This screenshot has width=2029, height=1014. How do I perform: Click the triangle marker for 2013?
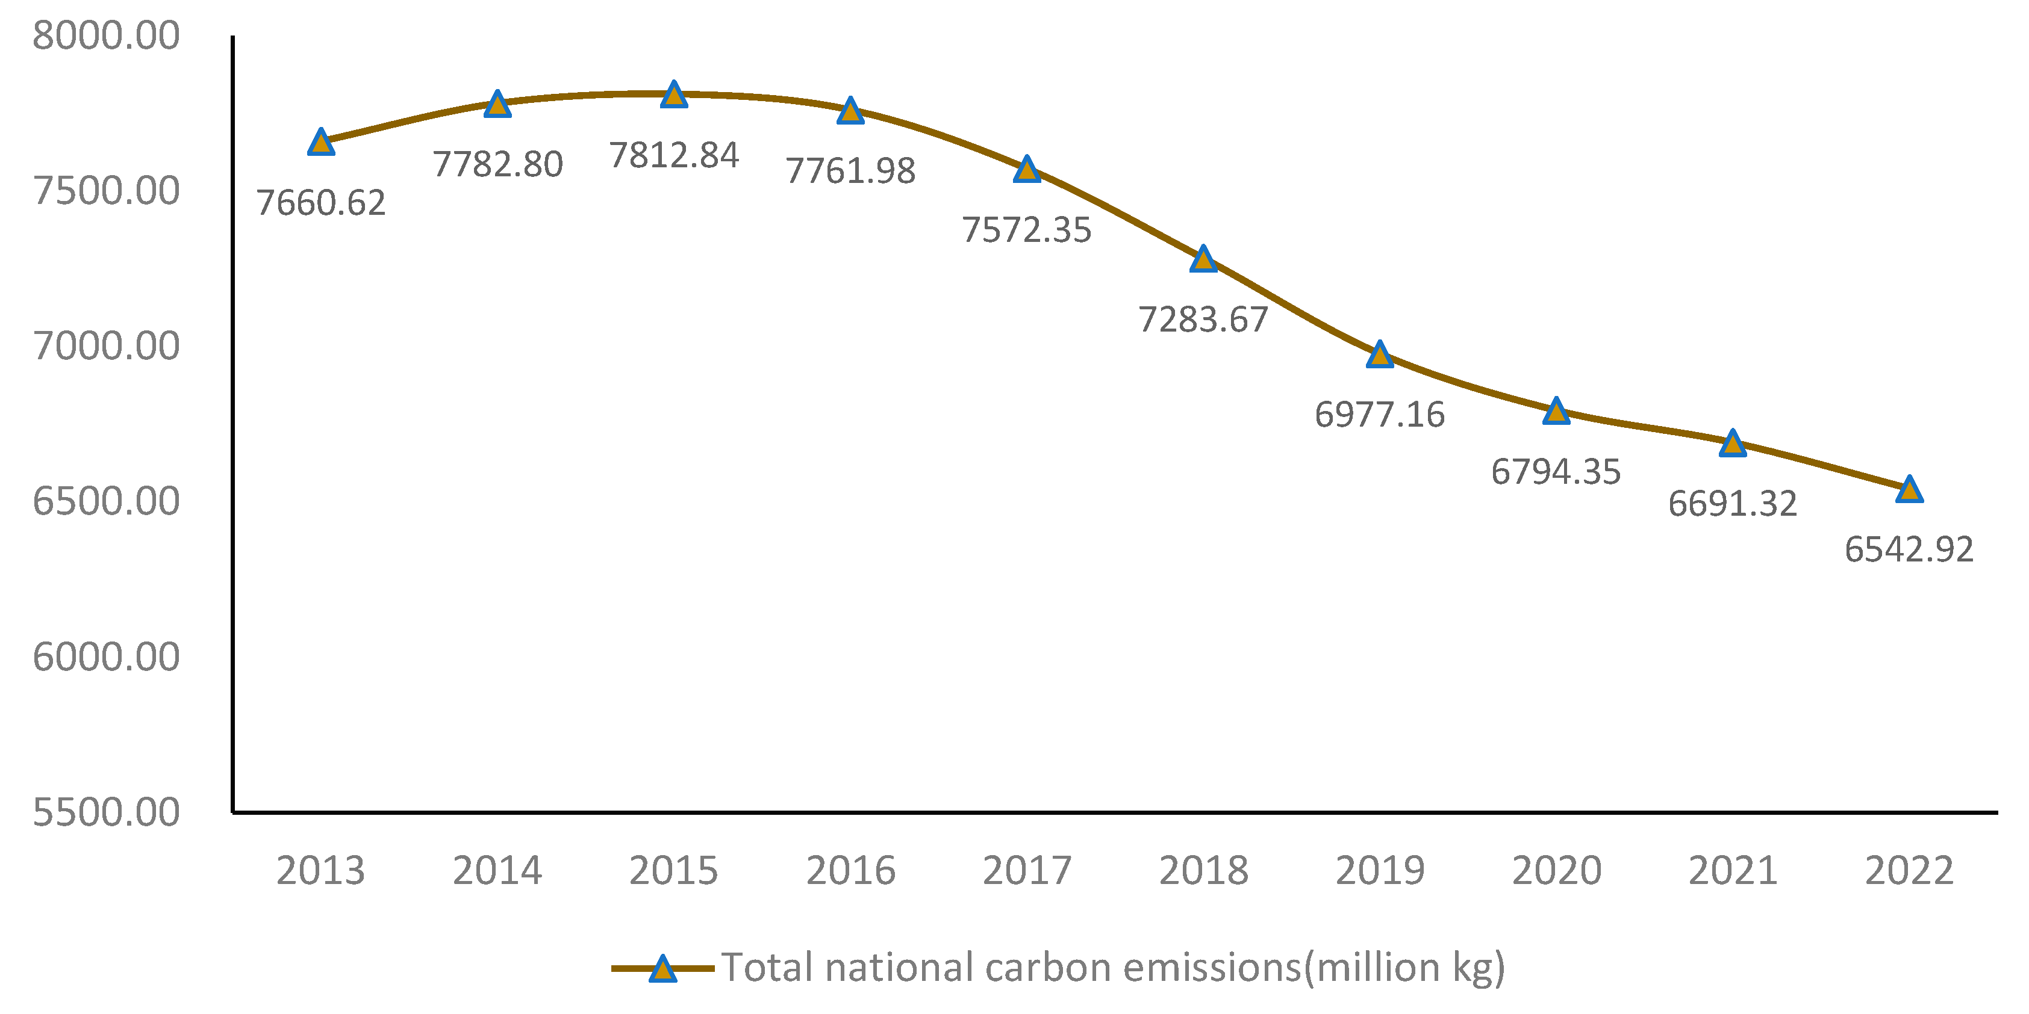(320, 143)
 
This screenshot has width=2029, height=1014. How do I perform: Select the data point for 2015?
(673, 94)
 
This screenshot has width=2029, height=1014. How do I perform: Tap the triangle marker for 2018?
(1203, 259)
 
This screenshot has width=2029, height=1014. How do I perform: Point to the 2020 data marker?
(1556, 411)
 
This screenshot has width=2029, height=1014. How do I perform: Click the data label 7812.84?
(673, 155)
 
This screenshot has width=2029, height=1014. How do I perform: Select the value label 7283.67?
(1203, 320)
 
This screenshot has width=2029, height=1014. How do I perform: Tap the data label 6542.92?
(1909, 549)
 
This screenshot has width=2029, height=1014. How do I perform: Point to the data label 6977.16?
(1379, 415)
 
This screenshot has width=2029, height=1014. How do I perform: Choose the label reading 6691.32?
(1732, 504)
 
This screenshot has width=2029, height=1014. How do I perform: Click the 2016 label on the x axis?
(850, 871)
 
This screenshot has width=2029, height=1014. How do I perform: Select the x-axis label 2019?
(1379, 871)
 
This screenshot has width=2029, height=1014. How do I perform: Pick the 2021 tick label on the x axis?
(1732, 871)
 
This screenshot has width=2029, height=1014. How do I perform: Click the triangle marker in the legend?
(662, 969)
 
